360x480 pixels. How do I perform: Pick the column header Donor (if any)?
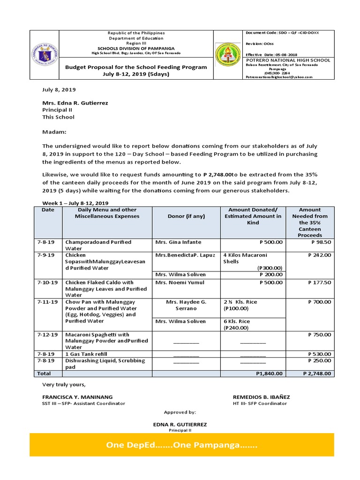click(186, 216)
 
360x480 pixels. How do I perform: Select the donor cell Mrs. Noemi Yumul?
click(180, 283)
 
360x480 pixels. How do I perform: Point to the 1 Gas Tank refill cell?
click(88, 354)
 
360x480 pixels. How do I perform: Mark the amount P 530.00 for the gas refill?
click(319, 354)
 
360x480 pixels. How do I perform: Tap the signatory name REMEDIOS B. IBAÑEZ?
click(261, 397)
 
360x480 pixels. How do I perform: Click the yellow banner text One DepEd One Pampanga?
click(181, 445)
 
